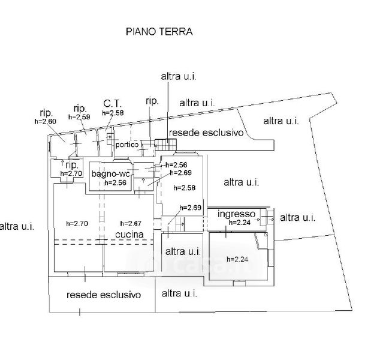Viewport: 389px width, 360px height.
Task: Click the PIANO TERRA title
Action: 159,31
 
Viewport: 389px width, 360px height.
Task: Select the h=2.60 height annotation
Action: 45,121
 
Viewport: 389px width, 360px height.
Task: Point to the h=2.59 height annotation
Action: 79,117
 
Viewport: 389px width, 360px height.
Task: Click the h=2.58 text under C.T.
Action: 113,112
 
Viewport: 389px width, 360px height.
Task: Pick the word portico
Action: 128,145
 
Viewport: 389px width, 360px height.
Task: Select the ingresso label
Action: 237,214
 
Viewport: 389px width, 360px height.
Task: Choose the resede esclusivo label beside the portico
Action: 206,132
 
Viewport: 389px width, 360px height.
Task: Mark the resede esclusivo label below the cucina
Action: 104,295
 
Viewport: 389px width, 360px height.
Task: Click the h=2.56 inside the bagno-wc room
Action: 115,183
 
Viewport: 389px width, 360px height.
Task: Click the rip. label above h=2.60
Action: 46,112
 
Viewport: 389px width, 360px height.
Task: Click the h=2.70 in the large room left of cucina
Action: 77,223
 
